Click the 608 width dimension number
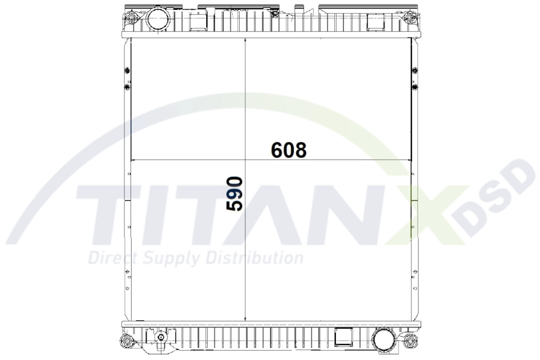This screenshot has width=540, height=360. tap(289, 150)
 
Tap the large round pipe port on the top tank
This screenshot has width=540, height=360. tap(158, 20)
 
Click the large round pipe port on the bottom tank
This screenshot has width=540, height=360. tap(384, 340)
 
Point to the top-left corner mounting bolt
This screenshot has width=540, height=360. tap(131, 19)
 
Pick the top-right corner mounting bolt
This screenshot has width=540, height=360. tap(409, 19)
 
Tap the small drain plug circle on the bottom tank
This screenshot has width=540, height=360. tap(161, 338)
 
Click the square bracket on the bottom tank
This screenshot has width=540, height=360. tap(344, 337)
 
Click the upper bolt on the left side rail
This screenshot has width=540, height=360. tap(128, 70)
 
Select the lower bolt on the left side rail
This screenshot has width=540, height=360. tap(128, 87)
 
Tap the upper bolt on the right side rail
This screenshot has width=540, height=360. tap(415, 70)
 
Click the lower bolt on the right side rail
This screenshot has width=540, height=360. tap(415, 87)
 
